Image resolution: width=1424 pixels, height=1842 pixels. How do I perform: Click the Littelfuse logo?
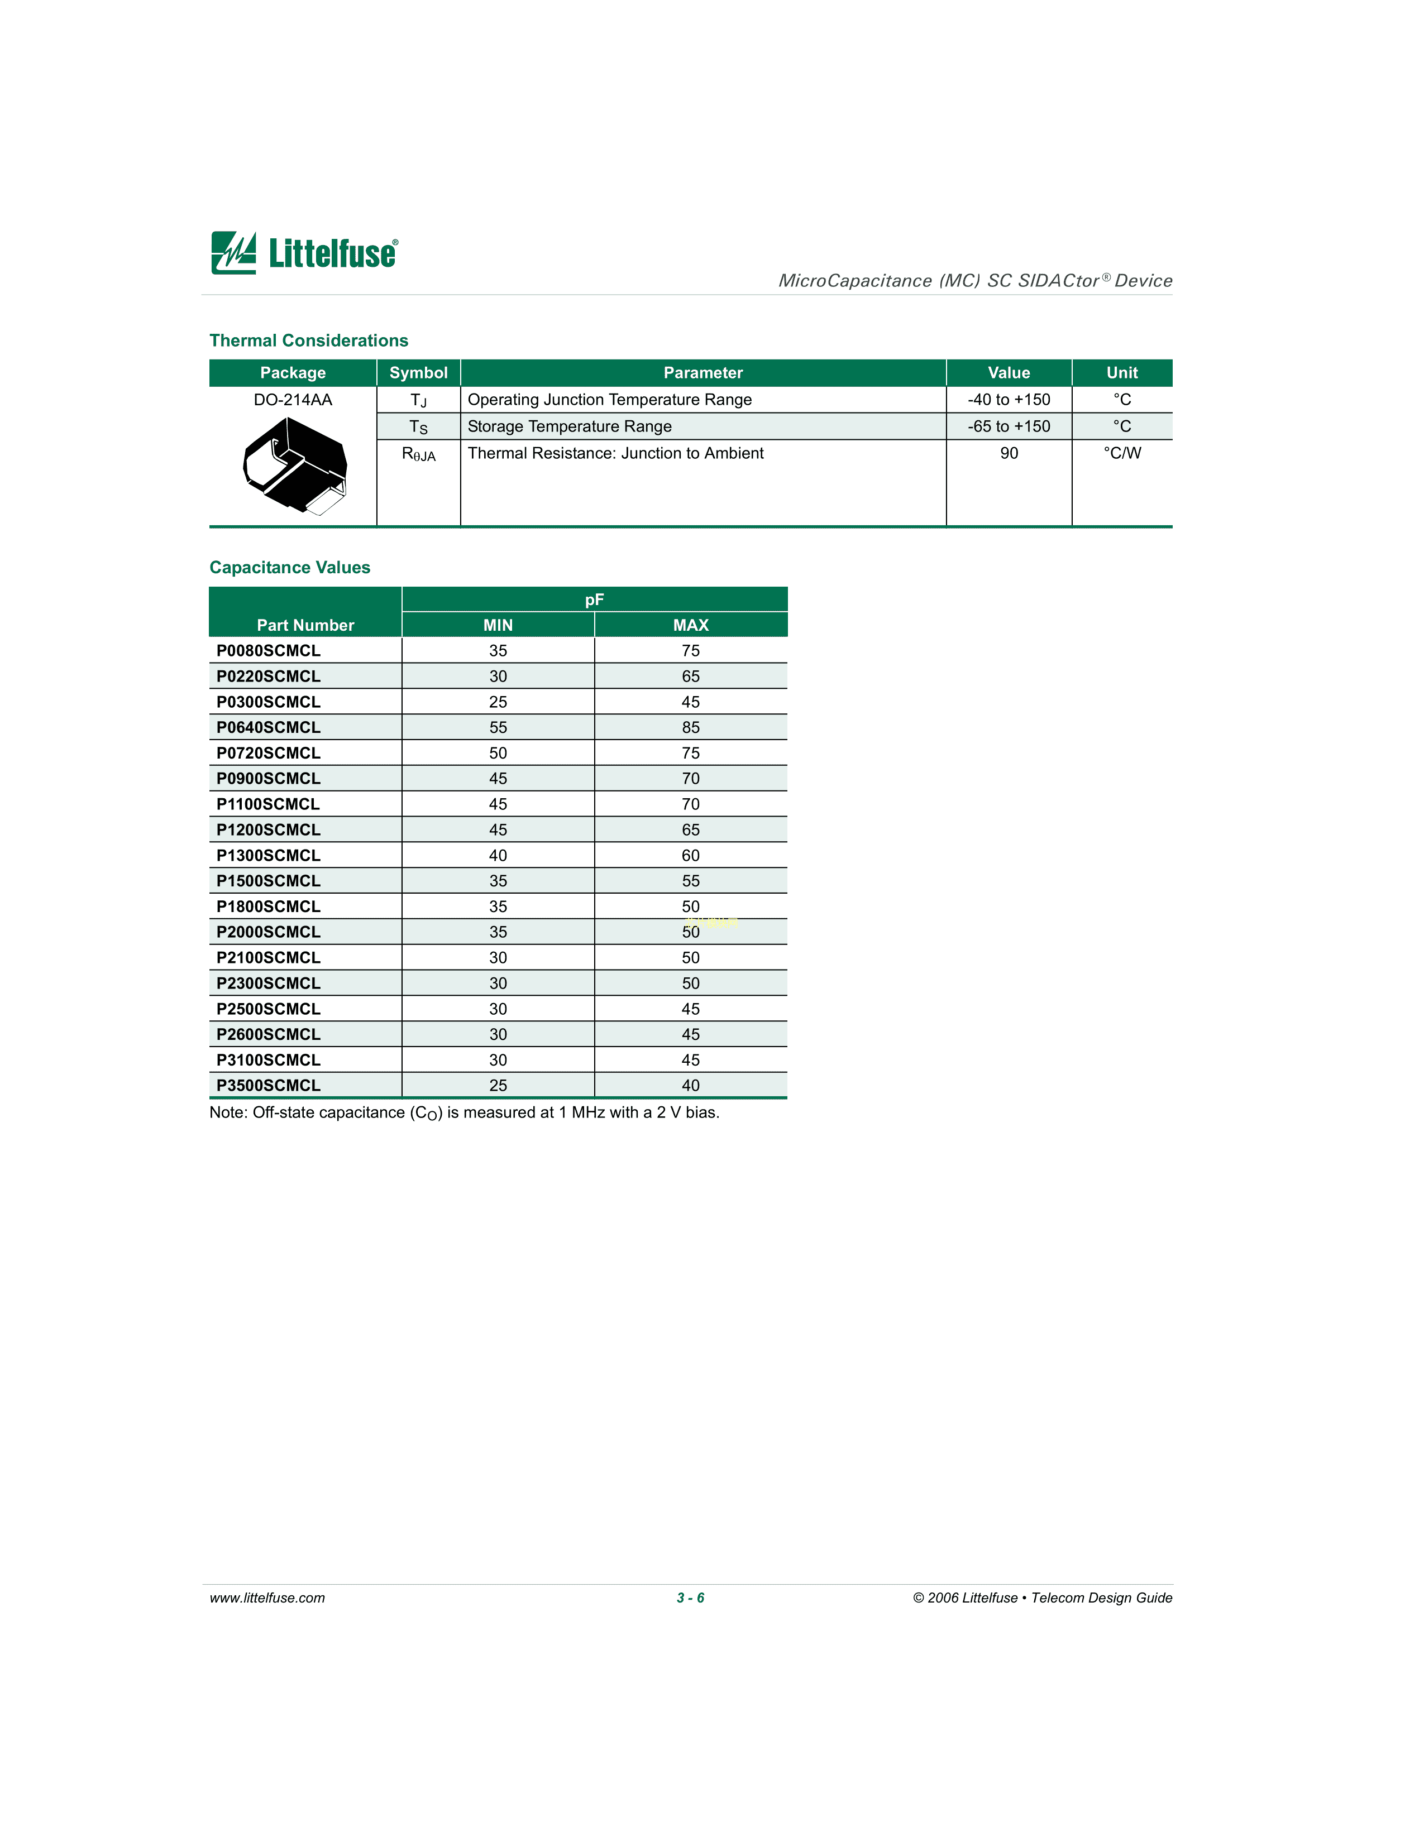pos(304,252)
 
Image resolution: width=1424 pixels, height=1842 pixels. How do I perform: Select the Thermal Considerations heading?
pos(309,340)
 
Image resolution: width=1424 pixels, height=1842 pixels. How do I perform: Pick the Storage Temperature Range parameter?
pos(570,427)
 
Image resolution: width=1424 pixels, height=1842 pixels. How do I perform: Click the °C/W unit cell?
pos(1121,454)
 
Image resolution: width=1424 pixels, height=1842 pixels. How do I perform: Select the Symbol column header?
pos(418,373)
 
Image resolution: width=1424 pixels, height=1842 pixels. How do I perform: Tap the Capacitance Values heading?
pos(289,568)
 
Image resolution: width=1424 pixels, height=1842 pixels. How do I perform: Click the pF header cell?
pos(594,599)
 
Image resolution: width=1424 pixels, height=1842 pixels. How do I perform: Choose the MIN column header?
pos(498,625)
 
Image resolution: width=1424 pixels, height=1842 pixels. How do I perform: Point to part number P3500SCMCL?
pos(268,1086)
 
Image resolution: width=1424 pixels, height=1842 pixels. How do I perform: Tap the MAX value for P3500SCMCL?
pos(690,1086)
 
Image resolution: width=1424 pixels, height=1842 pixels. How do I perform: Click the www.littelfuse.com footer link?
pos(267,1598)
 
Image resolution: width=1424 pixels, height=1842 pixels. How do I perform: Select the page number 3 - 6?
pos(690,1598)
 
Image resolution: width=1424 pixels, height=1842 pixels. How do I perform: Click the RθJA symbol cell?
pos(418,454)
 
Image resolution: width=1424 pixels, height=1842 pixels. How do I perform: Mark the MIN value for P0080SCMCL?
pos(498,651)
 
